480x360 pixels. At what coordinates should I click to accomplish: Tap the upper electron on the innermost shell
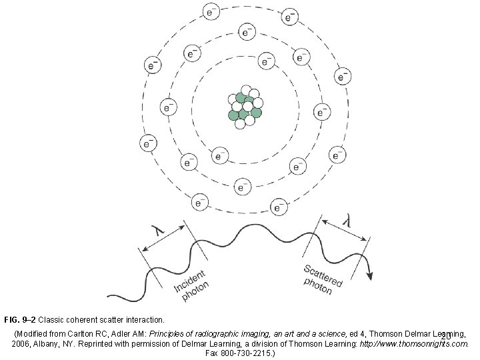pyautogui.click(x=266, y=61)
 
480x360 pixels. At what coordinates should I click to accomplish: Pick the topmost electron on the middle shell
pyautogui.click(x=247, y=31)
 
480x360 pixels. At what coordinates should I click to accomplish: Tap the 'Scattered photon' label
pyautogui.click(x=321, y=278)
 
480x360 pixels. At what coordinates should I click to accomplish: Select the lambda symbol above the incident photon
pyautogui.click(x=158, y=229)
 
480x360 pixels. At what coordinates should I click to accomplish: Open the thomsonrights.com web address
pyautogui.click(x=413, y=343)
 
